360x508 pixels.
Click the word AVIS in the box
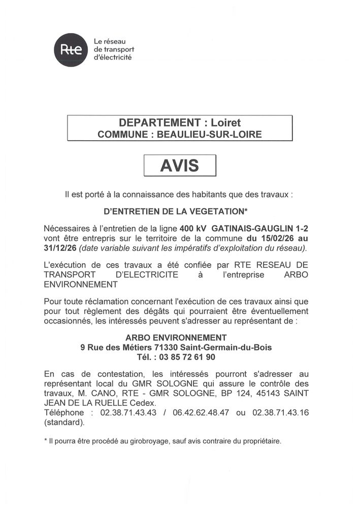(x=180, y=166)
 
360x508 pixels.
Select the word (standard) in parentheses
(x=63, y=422)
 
